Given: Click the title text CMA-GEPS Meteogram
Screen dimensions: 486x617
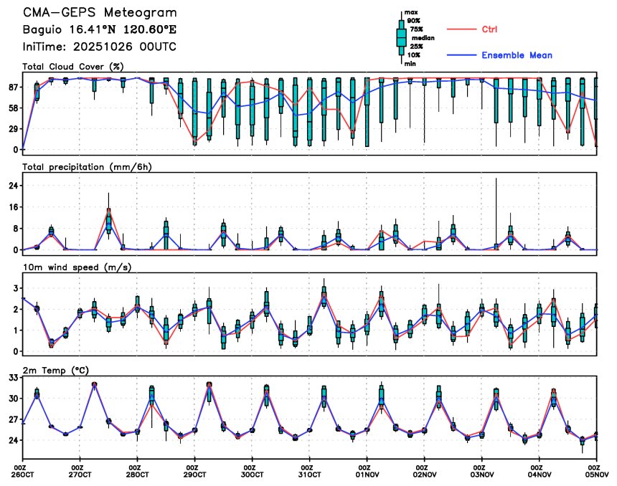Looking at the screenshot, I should click(x=99, y=14).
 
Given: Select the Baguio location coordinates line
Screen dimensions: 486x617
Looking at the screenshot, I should click(x=99, y=30).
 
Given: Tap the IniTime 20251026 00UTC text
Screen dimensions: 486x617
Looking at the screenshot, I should click(x=99, y=47).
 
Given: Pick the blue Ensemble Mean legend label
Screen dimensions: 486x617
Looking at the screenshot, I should click(x=517, y=55).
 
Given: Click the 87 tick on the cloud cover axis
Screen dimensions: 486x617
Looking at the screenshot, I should click(x=13, y=87).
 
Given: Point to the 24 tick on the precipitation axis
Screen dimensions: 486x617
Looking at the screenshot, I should click(x=13, y=186).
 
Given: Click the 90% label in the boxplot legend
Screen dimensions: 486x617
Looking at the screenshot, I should click(x=414, y=22).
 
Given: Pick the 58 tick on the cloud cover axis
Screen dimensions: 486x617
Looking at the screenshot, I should click(x=13, y=108).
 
